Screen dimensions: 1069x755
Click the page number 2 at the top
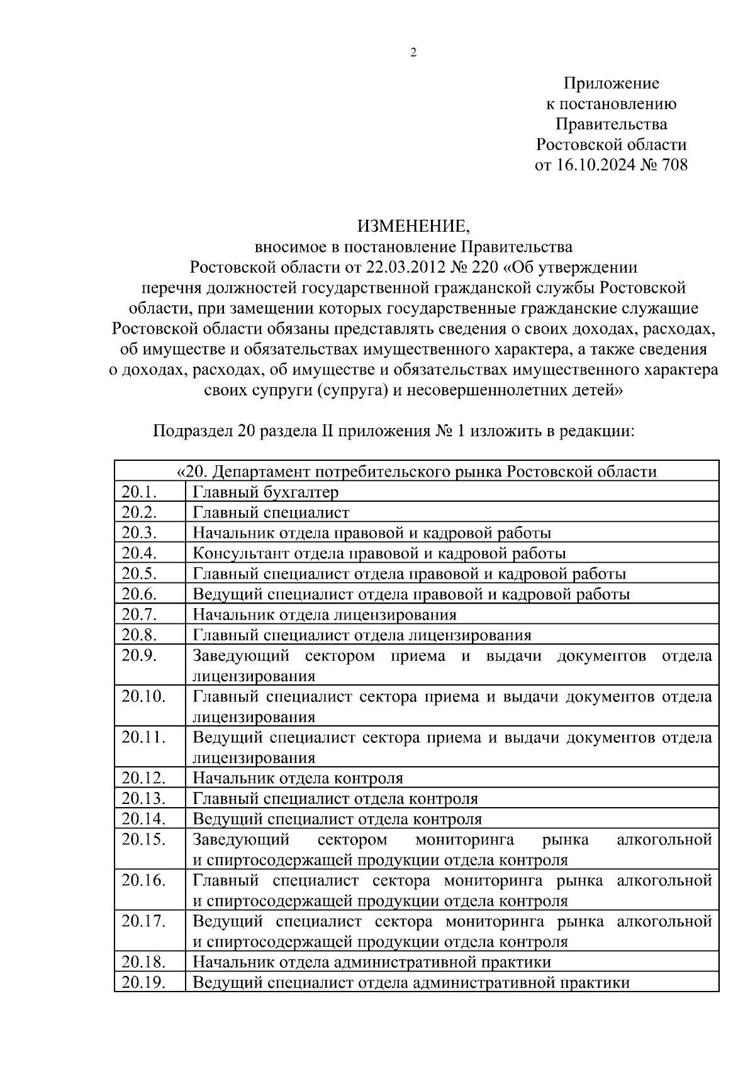[413, 53]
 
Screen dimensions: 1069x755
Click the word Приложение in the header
[611, 83]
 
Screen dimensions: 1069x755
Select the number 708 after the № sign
[674, 166]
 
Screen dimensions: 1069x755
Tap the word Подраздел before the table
[193, 431]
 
